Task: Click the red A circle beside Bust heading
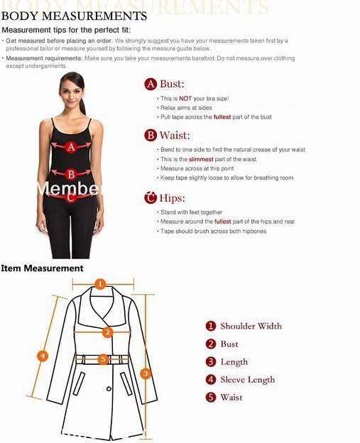[x=151, y=84]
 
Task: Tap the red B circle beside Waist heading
[x=151, y=136]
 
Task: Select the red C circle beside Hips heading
[x=151, y=197]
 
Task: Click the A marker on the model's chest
[x=71, y=147]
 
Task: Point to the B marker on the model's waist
[x=71, y=175]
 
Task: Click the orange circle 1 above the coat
[x=100, y=284]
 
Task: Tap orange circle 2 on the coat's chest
[x=107, y=332]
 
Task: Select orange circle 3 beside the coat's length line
[x=146, y=373]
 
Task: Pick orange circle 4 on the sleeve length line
[x=43, y=356]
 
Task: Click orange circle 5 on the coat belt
[x=103, y=359]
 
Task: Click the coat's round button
[x=109, y=389]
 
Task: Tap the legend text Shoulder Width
[x=251, y=326]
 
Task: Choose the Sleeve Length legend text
[x=248, y=380]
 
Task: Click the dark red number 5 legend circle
[x=211, y=398]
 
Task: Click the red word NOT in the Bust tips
[x=185, y=99]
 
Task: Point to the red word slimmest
[x=201, y=159]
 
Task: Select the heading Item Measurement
[x=42, y=268]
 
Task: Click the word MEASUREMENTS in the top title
[x=94, y=16]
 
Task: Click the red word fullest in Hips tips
[x=223, y=221]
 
